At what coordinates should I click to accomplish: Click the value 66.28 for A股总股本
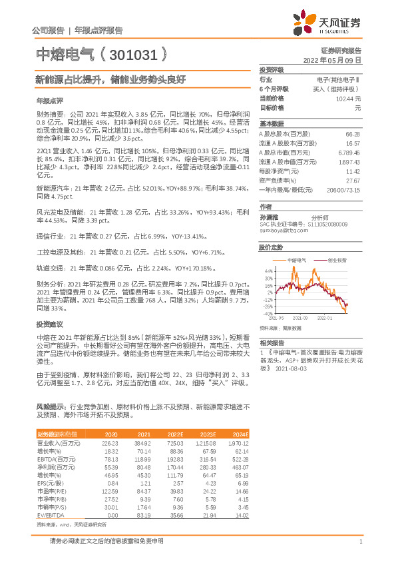tap(353, 134)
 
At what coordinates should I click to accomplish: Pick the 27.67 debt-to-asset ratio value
tap(353, 181)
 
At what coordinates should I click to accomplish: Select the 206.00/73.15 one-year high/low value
tap(344, 190)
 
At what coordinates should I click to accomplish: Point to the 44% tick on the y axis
tap(269, 271)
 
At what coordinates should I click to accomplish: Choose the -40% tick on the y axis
tap(268, 313)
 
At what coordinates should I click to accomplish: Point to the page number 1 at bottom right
tap(360, 542)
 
